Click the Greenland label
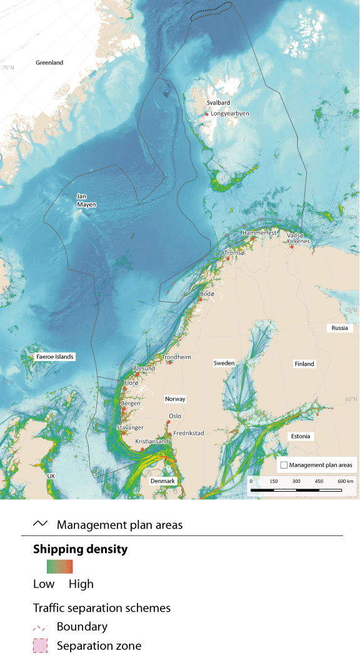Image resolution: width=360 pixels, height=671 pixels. [x=49, y=62]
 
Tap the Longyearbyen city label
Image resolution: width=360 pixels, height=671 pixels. [x=230, y=114]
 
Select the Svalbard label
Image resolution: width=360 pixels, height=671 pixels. [x=218, y=102]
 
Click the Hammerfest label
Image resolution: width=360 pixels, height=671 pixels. [x=259, y=232]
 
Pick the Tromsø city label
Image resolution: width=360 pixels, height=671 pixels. [x=235, y=253]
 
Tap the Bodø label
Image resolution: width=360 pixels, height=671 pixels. [x=207, y=294]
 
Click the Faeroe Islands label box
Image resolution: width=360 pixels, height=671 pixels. [x=55, y=357]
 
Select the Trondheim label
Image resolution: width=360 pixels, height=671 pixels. [x=176, y=357]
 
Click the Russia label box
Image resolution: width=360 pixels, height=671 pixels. [x=340, y=328]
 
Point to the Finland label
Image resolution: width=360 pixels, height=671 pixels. [x=304, y=364]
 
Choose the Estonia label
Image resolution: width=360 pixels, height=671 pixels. [x=301, y=436]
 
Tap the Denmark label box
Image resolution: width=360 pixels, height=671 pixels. [x=163, y=482]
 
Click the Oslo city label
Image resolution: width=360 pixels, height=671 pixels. [x=175, y=415]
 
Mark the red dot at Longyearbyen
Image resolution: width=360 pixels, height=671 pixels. [x=207, y=114]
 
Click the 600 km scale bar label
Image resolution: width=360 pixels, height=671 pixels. [x=345, y=482]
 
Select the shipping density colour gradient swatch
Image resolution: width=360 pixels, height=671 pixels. [x=60, y=567]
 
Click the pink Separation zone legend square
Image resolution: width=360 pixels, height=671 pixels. [x=41, y=646]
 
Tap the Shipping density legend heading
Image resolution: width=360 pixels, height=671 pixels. [x=80, y=549]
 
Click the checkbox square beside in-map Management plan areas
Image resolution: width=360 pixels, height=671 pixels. [x=284, y=465]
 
